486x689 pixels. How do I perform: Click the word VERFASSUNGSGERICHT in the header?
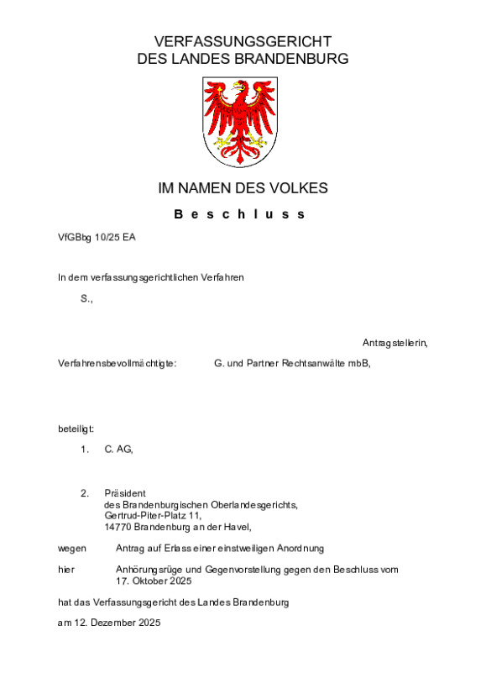[243, 41]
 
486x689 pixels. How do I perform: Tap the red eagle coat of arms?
[242, 121]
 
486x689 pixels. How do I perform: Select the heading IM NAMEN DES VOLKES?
[243, 188]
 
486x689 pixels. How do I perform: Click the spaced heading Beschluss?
[240, 214]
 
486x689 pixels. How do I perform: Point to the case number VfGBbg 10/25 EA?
[97, 237]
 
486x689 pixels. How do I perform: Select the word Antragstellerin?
[395, 343]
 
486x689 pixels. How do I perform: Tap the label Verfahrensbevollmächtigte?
[117, 363]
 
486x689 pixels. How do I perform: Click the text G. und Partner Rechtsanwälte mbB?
[292, 363]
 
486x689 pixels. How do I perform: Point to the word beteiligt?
[76, 429]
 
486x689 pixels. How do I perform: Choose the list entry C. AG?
[118, 450]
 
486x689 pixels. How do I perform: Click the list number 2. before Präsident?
[85, 493]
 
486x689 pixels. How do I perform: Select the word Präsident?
[126, 493]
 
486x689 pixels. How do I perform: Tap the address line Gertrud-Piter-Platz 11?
[153, 515]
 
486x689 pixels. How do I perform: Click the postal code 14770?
[118, 527]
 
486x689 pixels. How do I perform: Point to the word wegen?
[72, 548]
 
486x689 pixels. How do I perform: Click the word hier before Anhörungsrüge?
[66, 570]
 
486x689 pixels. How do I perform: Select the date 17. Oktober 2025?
[154, 581]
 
